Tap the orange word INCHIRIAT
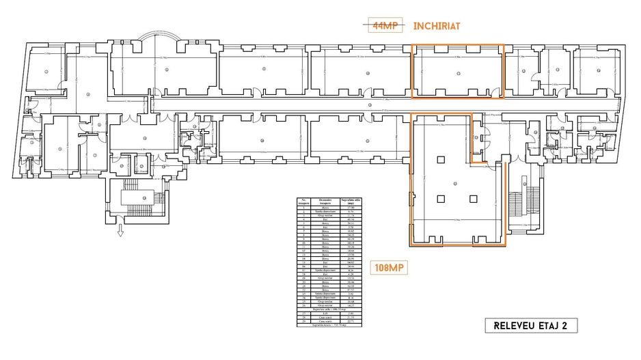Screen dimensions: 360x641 [x=437, y=26]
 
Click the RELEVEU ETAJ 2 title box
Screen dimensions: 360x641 [x=530, y=325]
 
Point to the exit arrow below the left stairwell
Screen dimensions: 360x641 [x=120, y=230]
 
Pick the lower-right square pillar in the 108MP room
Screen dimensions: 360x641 [x=473, y=199]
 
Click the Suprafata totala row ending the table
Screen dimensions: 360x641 [x=329, y=325]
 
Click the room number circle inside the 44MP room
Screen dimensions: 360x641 [x=456, y=70]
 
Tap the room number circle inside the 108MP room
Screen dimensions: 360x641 [x=455, y=184]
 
